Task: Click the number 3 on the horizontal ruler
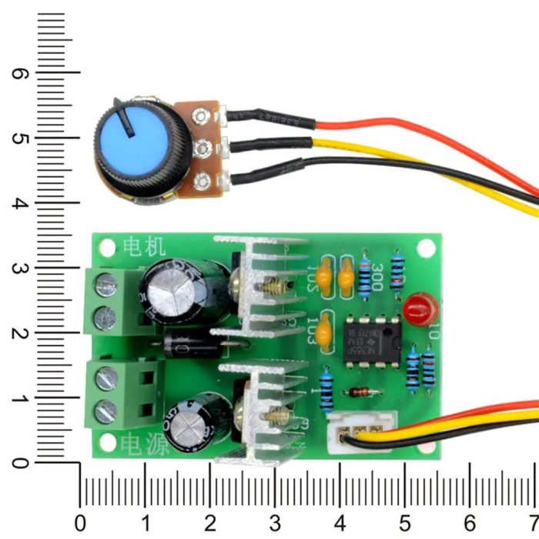click(275, 521)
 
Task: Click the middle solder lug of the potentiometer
click(203, 147)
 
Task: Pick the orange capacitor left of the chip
click(327, 330)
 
